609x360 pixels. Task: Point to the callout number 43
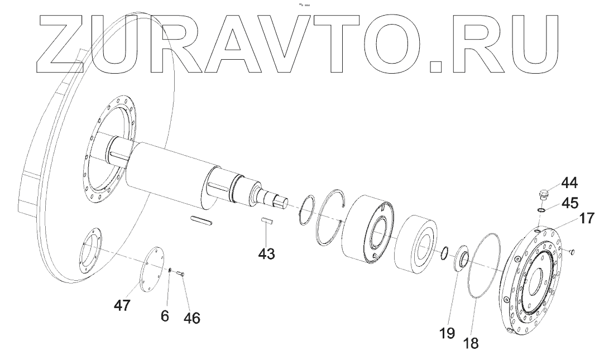267,253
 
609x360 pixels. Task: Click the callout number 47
122,305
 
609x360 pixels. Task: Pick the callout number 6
164,315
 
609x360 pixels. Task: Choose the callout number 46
192,318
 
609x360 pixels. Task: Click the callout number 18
472,342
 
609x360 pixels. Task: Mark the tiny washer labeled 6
170,270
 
